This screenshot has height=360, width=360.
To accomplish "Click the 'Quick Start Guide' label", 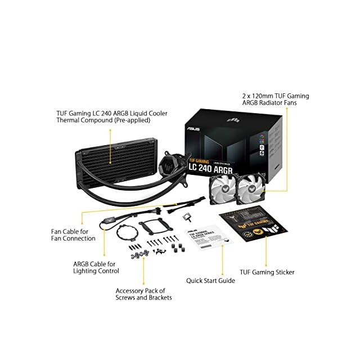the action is pyautogui.click(x=210, y=280).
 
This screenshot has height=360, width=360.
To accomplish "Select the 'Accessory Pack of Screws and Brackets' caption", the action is pyautogui.click(x=143, y=294).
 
